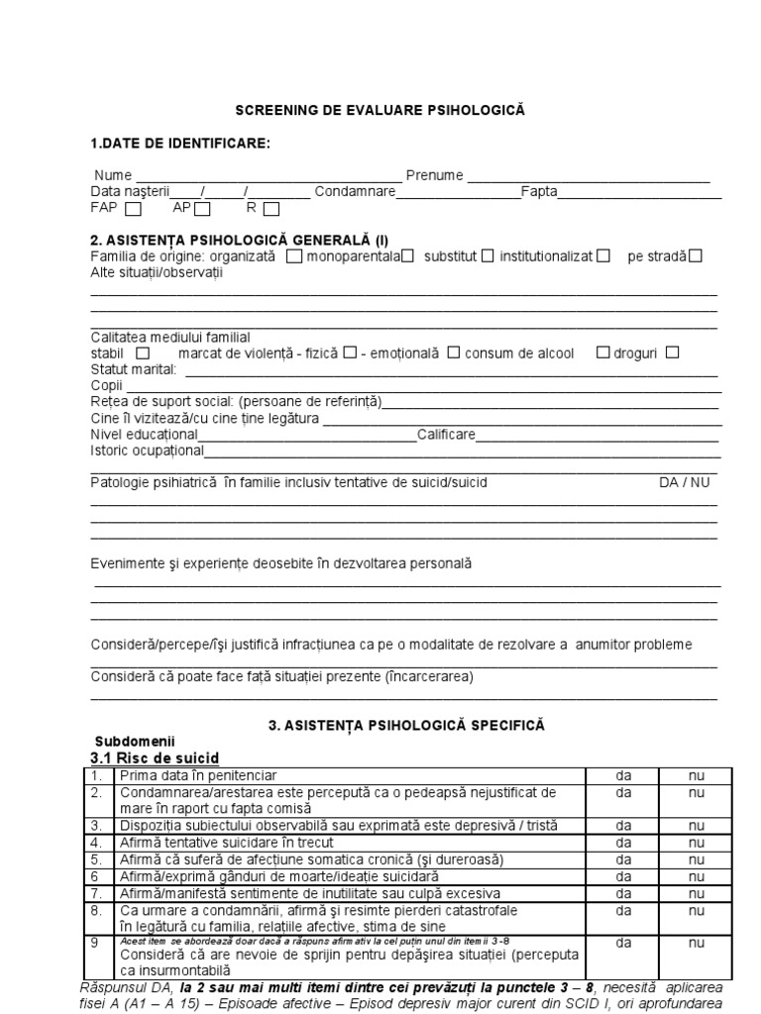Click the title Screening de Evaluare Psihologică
[380, 111]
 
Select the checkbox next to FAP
[133, 209]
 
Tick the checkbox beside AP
[202, 209]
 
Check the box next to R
[272, 209]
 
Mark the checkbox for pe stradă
[695, 256]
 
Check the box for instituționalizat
[602, 256]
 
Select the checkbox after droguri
[672, 353]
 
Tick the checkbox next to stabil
[142, 353]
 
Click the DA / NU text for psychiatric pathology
[684, 482]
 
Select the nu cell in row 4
[697, 842]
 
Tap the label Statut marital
[133, 369]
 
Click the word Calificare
[447, 435]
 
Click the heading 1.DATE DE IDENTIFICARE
[179, 144]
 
